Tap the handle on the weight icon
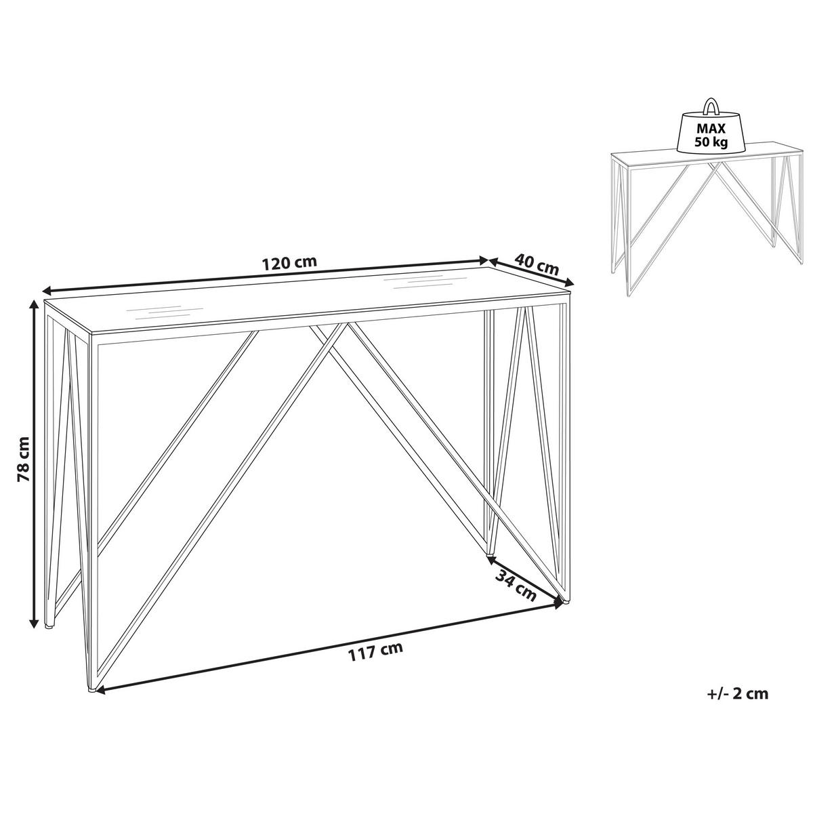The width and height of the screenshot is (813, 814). click(711, 107)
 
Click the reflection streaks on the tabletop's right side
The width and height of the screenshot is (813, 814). click(419, 281)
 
